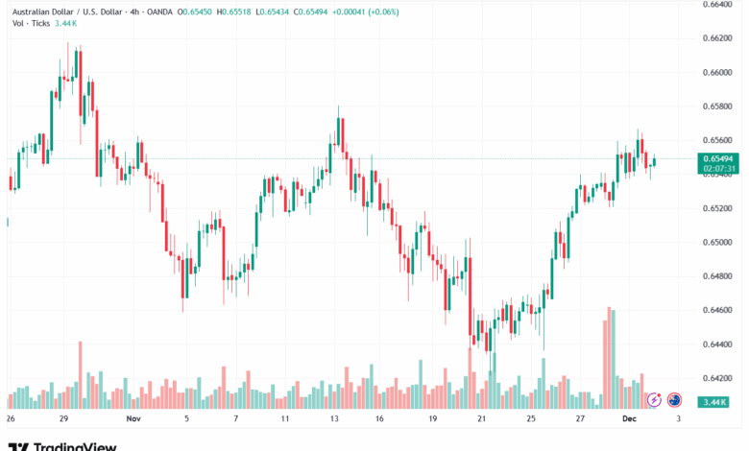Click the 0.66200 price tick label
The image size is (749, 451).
pyautogui.click(x=718, y=38)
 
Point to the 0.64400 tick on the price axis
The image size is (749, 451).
pyautogui.click(x=718, y=344)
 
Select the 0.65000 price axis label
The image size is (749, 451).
pyautogui.click(x=718, y=242)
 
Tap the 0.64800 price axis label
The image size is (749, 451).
pyautogui.click(x=718, y=276)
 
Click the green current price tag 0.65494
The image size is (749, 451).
pyautogui.click(x=718, y=158)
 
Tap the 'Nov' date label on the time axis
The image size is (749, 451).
pyautogui.click(x=133, y=419)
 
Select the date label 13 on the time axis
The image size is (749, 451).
pyautogui.click(x=333, y=419)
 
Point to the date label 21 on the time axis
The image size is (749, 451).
pyautogui.click(x=481, y=419)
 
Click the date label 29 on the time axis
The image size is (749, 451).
pyautogui.click(x=62, y=419)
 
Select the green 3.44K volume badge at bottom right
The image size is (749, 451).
pyautogui.click(x=713, y=401)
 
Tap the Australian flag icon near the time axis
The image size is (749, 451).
pyautogui.click(x=675, y=399)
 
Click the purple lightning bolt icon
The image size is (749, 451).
pyautogui.click(x=655, y=399)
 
